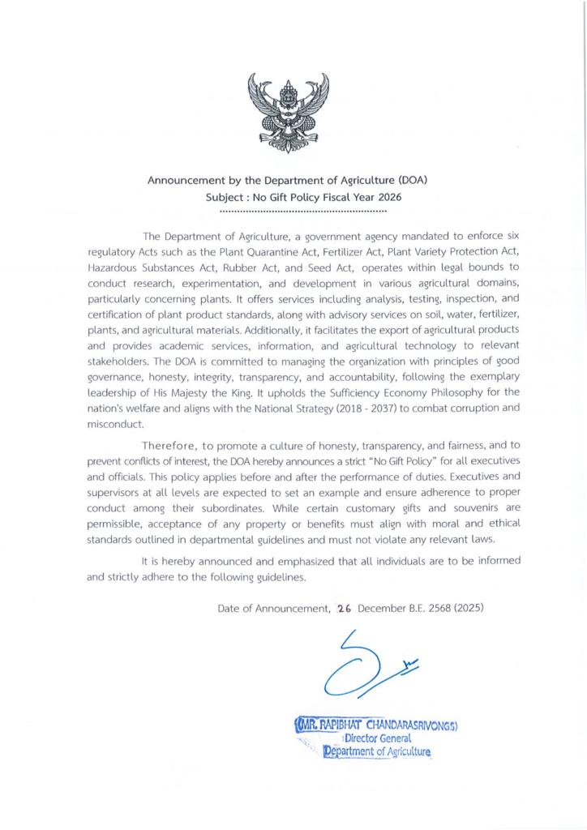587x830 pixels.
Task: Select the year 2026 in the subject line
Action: (x=388, y=197)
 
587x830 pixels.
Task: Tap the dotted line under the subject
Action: (x=303, y=211)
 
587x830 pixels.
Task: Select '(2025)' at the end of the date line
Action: (x=468, y=607)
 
